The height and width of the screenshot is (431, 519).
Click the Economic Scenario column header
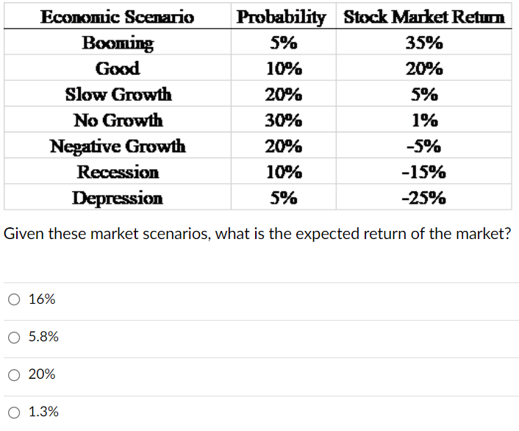point(118,17)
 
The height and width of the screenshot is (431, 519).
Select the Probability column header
point(282,17)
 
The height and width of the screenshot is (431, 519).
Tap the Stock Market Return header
point(424,17)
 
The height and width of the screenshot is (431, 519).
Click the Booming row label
point(118,43)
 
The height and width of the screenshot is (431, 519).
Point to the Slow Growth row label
point(118,95)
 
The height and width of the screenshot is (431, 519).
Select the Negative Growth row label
point(118,146)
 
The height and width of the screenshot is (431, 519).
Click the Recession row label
point(118,172)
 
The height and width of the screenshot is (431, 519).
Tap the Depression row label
point(118,198)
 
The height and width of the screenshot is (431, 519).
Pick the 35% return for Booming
point(424,43)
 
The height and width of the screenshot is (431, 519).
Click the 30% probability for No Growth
point(282,121)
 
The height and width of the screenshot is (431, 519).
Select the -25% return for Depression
point(424,198)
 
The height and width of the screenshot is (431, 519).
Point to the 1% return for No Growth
point(424,121)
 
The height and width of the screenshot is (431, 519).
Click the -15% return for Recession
point(424,172)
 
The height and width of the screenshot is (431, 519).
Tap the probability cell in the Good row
point(282,69)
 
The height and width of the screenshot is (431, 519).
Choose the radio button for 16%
point(14,299)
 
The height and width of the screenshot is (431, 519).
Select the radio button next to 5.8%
point(14,338)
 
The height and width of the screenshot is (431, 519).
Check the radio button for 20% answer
point(14,375)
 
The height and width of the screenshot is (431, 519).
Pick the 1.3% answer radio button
point(14,413)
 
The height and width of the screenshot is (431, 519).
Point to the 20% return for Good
point(424,69)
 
